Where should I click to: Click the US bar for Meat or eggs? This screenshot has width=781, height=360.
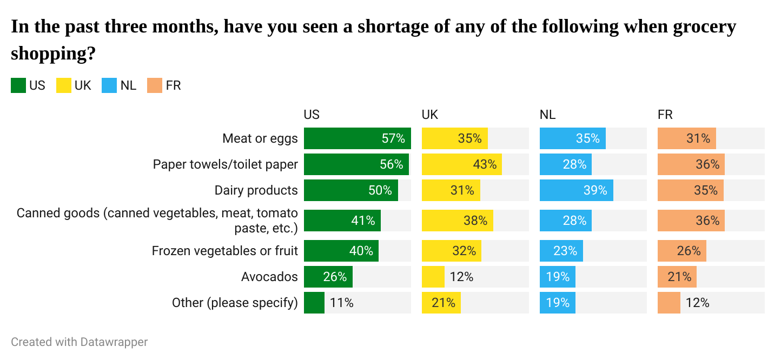(x=357, y=138)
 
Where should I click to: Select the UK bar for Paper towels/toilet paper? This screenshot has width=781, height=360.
(x=461, y=164)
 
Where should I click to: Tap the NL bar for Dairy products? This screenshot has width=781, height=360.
(x=576, y=190)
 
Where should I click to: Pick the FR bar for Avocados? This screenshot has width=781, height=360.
(x=677, y=277)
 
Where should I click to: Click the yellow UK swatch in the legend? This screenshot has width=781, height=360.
(x=64, y=85)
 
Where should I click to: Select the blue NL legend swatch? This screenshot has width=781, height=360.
(x=109, y=85)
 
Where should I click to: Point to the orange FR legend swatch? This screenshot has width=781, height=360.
(x=155, y=85)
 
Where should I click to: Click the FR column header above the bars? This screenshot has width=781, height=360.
(x=665, y=115)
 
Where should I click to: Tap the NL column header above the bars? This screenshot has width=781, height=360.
(x=547, y=115)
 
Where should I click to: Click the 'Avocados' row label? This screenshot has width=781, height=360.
(x=269, y=277)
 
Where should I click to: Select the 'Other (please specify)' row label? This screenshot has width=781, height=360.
(x=235, y=303)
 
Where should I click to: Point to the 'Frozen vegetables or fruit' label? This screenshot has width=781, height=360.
(x=224, y=251)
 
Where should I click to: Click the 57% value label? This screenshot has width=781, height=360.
(x=393, y=138)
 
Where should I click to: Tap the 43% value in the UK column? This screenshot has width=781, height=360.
(x=485, y=164)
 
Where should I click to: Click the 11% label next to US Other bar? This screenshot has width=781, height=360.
(x=341, y=303)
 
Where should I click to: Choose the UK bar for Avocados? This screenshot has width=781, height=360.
(x=433, y=277)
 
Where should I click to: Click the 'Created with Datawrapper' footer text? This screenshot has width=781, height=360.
(x=79, y=342)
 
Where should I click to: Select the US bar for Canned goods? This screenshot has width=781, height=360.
(x=342, y=221)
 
